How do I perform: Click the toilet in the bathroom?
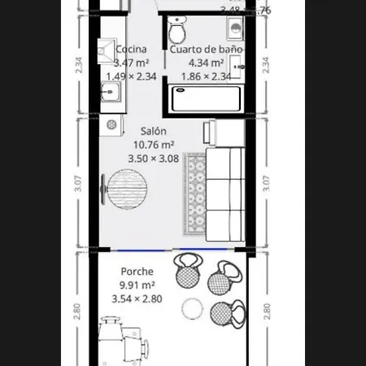[x=176, y=32]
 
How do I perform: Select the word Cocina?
[x=130, y=49]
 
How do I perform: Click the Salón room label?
[x=153, y=131]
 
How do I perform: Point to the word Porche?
[x=137, y=272]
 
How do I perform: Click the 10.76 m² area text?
[x=153, y=145]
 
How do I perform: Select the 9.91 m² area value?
[x=137, y=285]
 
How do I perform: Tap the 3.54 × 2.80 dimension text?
[x=137, y=299]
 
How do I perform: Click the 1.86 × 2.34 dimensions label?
[x=206, y=76]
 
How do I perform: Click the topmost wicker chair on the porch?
[x=187, y=271]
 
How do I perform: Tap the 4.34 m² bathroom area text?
[x=206, y=63]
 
